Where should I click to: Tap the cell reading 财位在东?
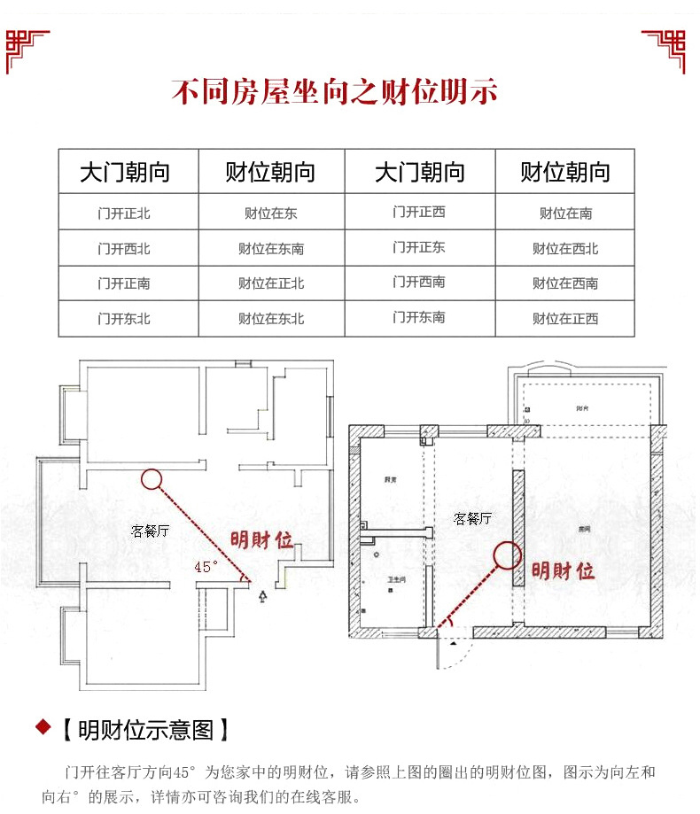[x=271, y=213]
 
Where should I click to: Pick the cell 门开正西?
[x=419, y=212]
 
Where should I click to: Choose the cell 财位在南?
[x=565, y=213]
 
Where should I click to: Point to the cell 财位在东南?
[x=271, y=249]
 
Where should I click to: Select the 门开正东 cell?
[x=419, y=247]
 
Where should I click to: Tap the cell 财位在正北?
[x=271, y=283]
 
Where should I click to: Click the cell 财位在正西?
[x=565, y=319]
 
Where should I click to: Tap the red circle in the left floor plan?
[x=151, y=479]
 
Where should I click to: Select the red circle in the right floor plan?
[x=508, y=555]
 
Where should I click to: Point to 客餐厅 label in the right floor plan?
[x=472, y=518]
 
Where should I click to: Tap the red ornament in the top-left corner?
[x=27, y=49]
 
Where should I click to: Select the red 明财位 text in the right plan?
[x=563, y=570]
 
